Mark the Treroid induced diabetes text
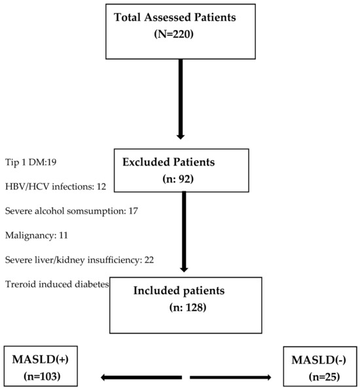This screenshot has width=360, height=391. coord(56,284)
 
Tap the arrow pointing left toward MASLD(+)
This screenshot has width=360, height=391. coord(141,377)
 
